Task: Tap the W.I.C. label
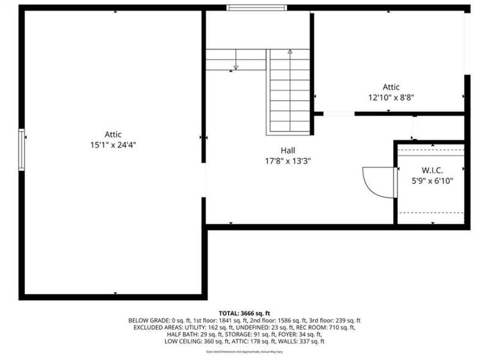(432, 169)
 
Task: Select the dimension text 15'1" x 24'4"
(112, 145)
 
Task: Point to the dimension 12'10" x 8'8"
(391, 97)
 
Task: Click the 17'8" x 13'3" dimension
(288, 161)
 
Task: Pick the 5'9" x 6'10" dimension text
(432, 180)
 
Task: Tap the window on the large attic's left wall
(22, 150)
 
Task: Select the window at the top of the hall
(256, 8)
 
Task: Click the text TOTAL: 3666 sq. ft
(244, 312)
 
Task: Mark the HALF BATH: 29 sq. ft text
(192, 334)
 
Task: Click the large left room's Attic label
(112, 134)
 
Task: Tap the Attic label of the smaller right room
(391, 87)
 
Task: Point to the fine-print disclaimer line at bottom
(244, 351)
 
